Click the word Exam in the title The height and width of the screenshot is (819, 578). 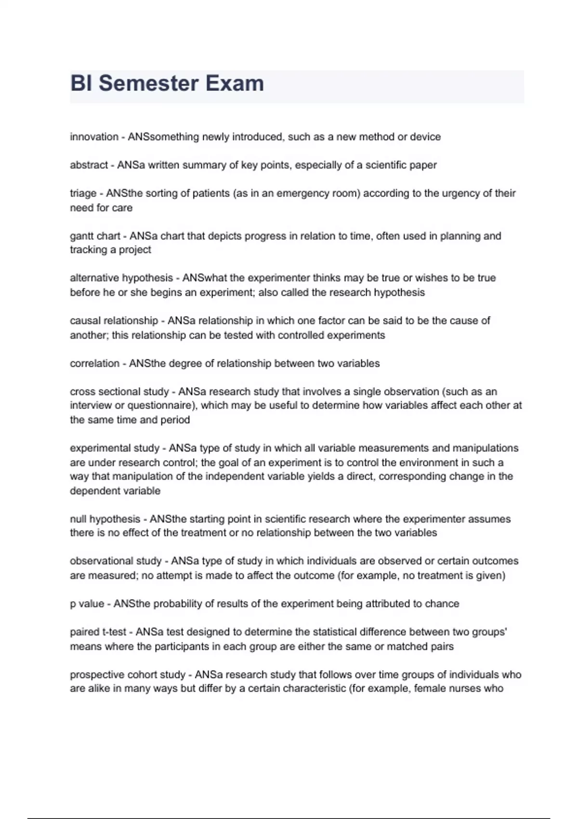[x=235, y=83]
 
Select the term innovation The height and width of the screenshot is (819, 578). [x=94, y=137]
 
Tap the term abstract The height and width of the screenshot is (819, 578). [x=89, y=165]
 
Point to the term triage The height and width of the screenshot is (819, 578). [x=83, y=193]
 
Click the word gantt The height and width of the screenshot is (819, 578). [x=81, y=236]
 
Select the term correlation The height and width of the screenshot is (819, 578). [x=94, y=364]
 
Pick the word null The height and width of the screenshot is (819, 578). [x=78, y=519]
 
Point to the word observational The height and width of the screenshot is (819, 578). [x=100, y=561]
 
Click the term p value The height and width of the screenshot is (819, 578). [x=87, y=604]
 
